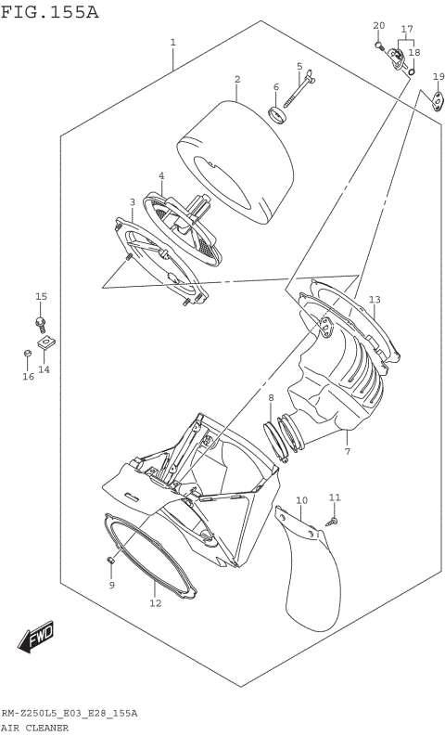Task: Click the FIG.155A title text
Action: [x=49, y=11]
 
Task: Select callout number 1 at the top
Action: [x=173, y=43]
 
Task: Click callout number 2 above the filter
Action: [x=237, y=80]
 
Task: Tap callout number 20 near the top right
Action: [x=378, y=25]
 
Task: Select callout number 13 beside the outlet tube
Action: [x=375, y=300]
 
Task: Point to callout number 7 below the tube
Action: [x=347, y=452]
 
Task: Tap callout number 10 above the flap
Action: [x=301, y=501]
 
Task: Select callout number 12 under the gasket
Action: [x=155, y=603]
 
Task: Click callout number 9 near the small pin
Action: [x=110, y=586]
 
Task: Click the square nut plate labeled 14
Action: [x=44, y=345]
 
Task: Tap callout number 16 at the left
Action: [x=28, y=376]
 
